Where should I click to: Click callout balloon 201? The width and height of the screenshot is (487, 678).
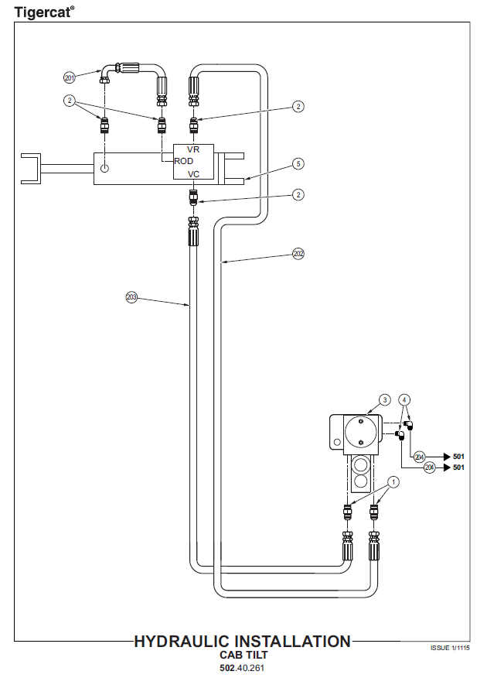[70, 77]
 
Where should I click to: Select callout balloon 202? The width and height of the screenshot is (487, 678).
[299, 252]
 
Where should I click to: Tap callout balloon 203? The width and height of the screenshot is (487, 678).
[131, 296]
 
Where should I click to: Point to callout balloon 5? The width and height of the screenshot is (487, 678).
[298, 163]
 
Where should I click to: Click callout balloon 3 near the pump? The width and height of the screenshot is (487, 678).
[385, 400]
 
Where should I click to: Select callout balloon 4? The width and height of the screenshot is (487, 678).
[406, 400]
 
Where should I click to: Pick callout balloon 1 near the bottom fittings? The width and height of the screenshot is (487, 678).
[394, 482]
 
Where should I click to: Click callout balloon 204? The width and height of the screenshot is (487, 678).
[420, 457]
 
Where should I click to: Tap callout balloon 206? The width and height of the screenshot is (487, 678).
[430, 467]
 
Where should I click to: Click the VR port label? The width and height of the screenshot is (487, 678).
[194, 149]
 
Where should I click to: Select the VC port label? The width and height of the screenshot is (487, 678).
[194, 175]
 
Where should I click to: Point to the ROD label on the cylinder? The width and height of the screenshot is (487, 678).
[184, 161]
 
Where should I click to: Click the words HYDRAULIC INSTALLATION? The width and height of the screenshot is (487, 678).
[242, 642]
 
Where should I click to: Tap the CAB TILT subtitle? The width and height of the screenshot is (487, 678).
[243, 655]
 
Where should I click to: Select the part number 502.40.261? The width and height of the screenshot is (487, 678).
[243, 667]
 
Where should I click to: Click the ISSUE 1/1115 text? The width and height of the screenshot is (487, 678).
[450, 648]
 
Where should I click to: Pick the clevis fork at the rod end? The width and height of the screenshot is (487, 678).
[30, 168]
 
